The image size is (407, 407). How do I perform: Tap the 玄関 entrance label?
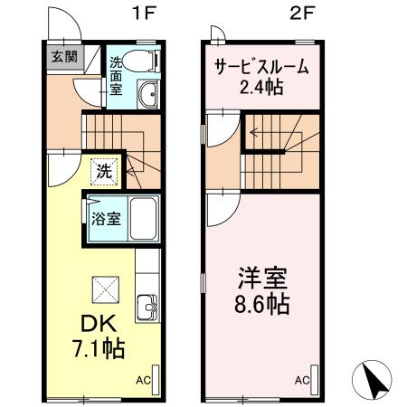pyautogui.click(x=63, y=57)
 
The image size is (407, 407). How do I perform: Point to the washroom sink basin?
pyautogui.click(x=148, y=94)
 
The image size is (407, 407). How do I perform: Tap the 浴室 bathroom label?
pyautogui.click(x=105, y=217)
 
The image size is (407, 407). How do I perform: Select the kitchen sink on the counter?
pyautogui.click(x=147, y=308)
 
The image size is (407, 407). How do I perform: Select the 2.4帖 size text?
pyautogui.click(x=260, y=88)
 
